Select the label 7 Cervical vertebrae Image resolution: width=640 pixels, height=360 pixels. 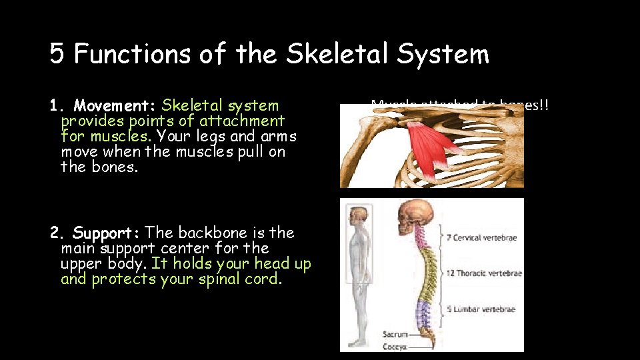pyautogui.click(x=482, y=238)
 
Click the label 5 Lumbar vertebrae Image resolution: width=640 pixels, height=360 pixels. pyautogui.click(x=482, y=309)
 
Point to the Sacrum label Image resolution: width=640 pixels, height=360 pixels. pyautogui.click(x=395, y=335)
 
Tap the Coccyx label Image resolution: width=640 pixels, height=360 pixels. pyautogui.click(x=395, y=347)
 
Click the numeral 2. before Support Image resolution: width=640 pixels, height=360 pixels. pyautogui.click(x=57, y=233)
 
